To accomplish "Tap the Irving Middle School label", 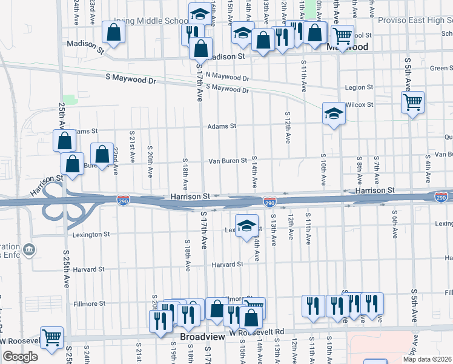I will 159,21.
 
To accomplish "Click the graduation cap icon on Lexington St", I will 246,226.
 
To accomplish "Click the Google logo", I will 20,357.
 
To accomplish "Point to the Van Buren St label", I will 228,161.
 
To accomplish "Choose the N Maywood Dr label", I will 227,78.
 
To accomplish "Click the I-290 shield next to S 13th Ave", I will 269,200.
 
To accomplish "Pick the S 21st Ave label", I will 132,146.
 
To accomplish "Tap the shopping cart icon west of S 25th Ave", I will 51,337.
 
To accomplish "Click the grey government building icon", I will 29,249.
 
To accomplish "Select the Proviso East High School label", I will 415,20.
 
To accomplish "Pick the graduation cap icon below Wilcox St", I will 333,113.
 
